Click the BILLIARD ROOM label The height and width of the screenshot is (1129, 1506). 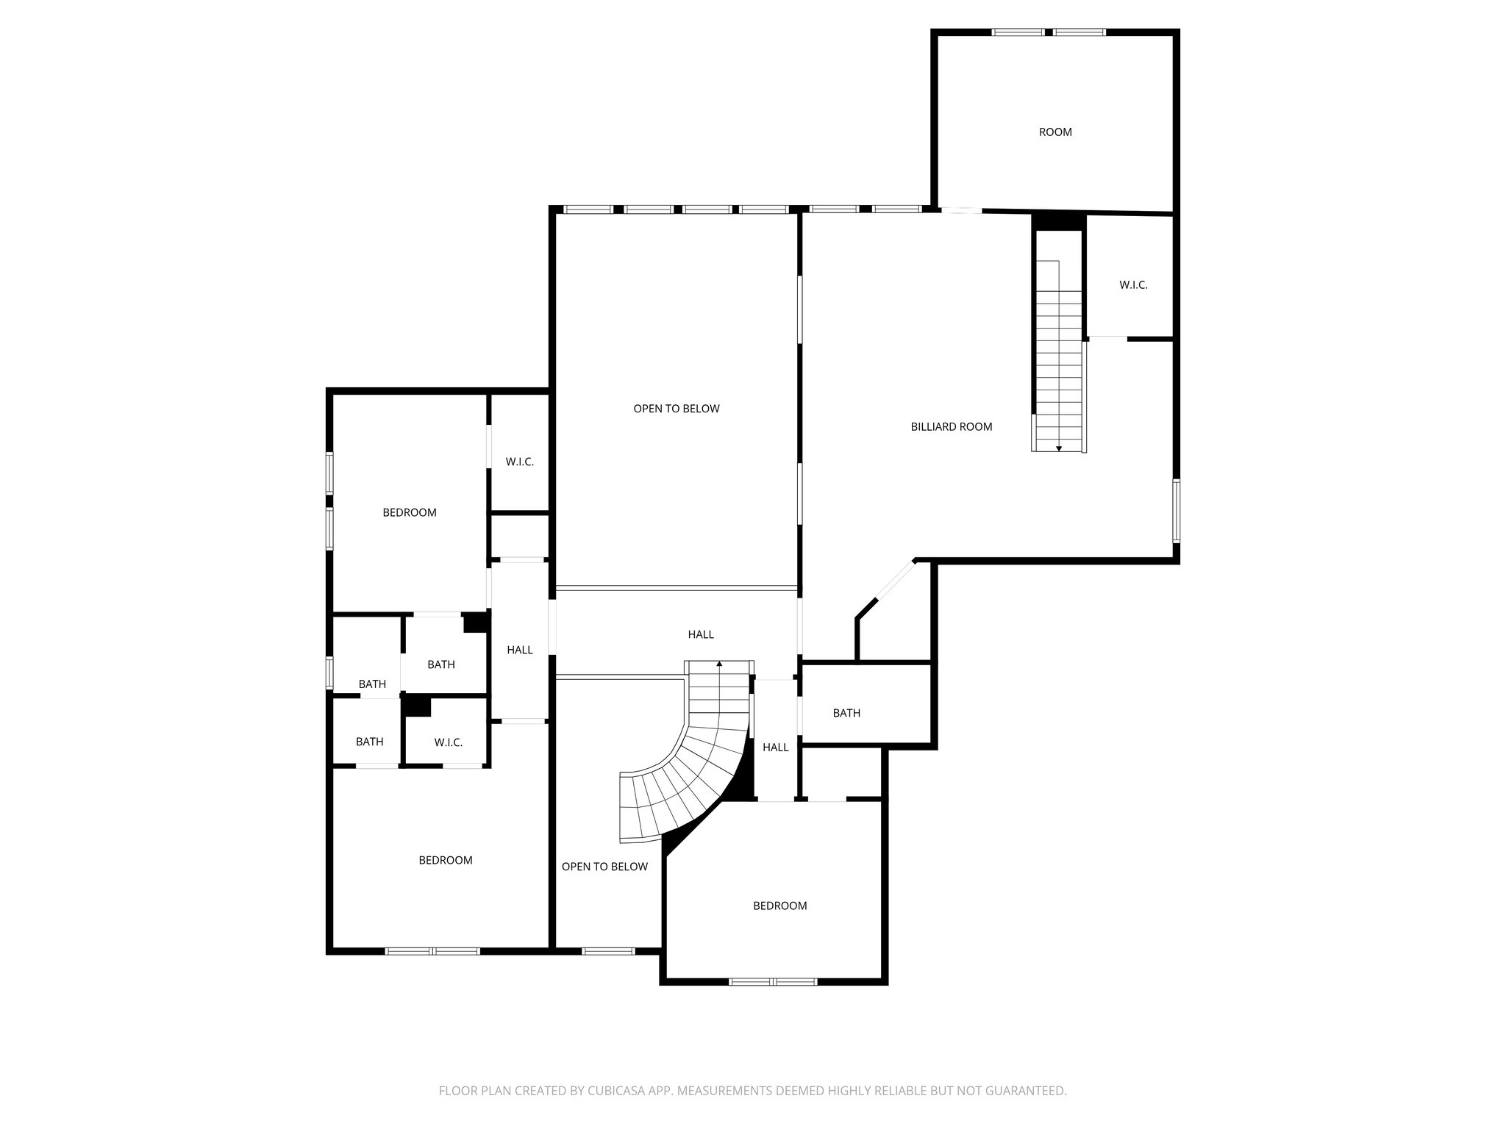pyautogui.click(x=951, y=426)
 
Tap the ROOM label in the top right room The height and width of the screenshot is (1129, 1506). pyautogui.click(x=1054, y=132)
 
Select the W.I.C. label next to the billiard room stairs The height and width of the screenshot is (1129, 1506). pyautogui.click(x=1132, y=285)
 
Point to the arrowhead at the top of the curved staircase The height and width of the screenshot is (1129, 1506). pyautogui.click(x=719, y=664)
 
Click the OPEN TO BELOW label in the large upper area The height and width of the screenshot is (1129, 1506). pyautogui.click(x=676, y=409)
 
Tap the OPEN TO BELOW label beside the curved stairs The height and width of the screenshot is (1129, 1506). pyautogui.click(x=604, y=867)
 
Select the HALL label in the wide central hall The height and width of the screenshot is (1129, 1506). pyautogui.click(x=700, y=634)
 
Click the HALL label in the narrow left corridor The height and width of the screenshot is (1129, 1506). pyautogui.click(x=519, y=650)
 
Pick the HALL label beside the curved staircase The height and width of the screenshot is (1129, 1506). pyautogui.click(x=775, y=748)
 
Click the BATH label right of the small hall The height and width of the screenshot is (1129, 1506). pyautogui.click(x=846, y=713)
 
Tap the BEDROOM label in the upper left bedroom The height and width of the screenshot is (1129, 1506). pyautogui.click(x=409, y=513)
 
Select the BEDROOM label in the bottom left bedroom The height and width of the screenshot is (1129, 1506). pyautogui.click(x=445, y=860)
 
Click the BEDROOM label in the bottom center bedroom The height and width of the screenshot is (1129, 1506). pyautogui.click(x=779, y=906)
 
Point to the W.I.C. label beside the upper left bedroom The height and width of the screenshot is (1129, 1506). pyautogui.click(x=519, y=462)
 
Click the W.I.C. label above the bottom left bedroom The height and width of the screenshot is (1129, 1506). pyautogui.click(x=448, y=742)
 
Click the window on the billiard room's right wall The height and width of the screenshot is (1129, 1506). pyautogui.click(x=1176, y=511)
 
